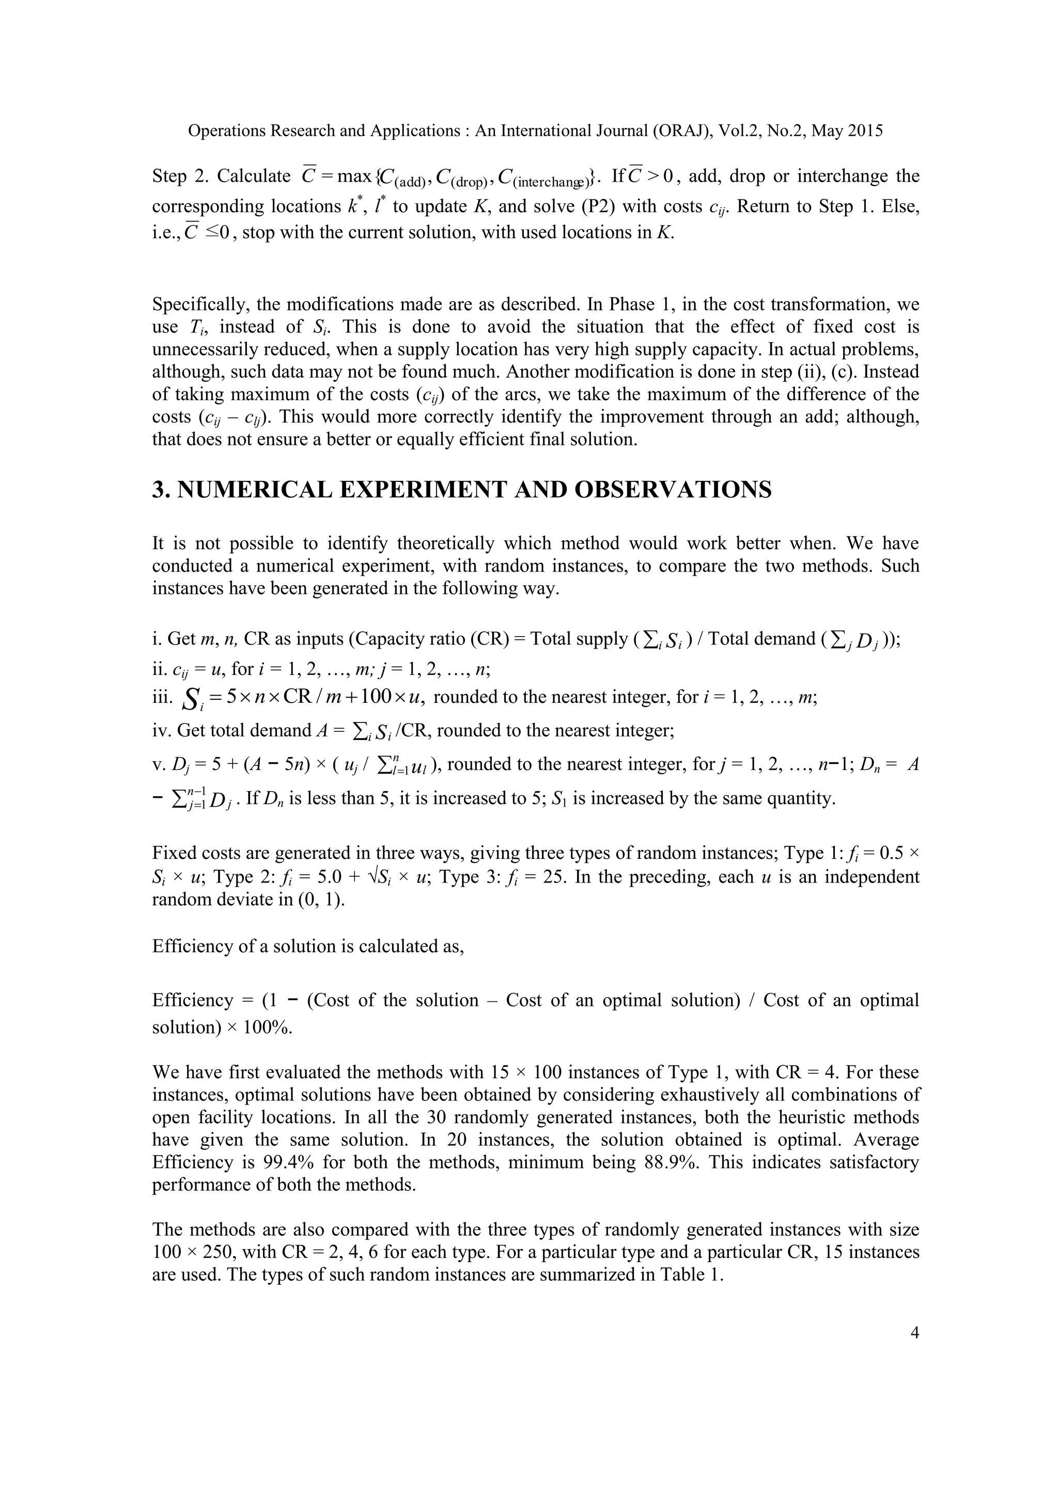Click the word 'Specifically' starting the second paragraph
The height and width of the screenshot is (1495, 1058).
(199, 304)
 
